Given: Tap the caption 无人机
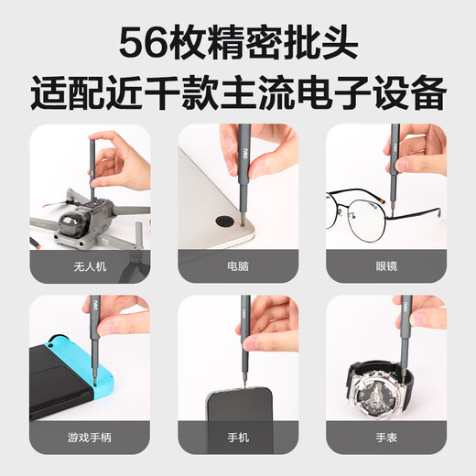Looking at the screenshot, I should point(90,265).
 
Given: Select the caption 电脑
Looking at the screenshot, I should point(238,265).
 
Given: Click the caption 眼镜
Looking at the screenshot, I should point(386,265).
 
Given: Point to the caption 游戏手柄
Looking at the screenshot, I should point(90,438).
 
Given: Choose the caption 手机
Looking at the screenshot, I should point(238,438).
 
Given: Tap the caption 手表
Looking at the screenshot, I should point(386,438).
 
